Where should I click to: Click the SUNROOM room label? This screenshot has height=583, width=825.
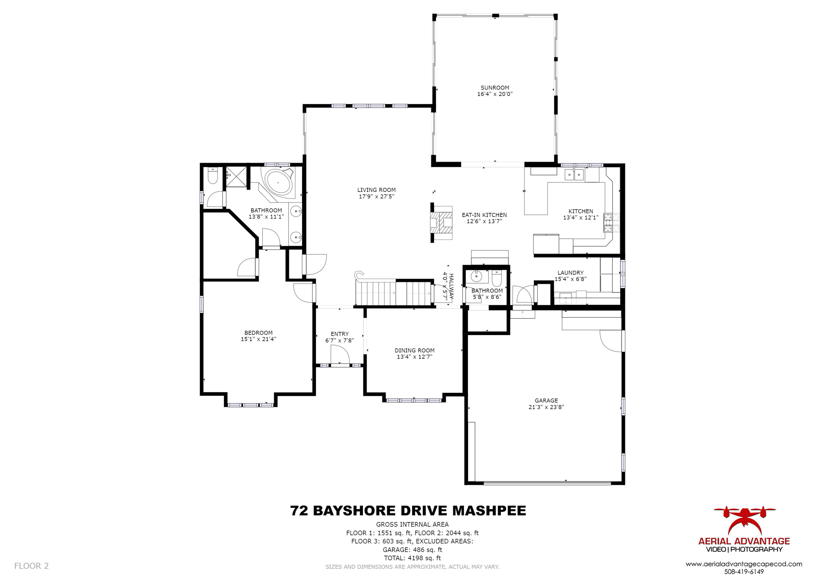click(x=495, y=88)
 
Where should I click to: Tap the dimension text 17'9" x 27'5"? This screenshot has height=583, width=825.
click(x=376, y=197)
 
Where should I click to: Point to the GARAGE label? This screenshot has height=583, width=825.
click(x=546, y=400)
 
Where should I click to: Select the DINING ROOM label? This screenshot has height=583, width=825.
click(x=414, y=350)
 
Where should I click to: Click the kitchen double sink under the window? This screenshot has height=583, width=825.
click(x=574, y=175)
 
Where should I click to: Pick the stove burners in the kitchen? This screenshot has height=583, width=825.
click(x=608, y=223)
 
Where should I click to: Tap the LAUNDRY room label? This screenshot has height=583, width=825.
click(x=570, y=273)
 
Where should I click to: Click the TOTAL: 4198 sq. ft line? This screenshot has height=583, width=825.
click(x=412, y=558)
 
